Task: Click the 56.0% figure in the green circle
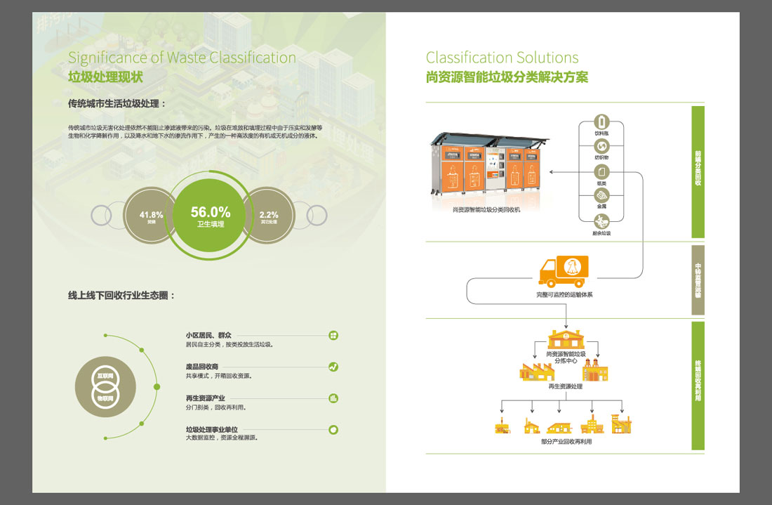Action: pyautogui.click(x=211, y=211)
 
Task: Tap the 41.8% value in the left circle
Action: pyautogui.click(x=151, y=214)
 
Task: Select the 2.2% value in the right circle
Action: pyautogui.click(x=269, y=214)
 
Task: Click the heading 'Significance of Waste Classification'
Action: pyautogui.click(x=182, y=58)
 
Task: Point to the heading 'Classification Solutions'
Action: pyautogui.click(x=502, y=58)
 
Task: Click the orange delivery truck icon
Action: pyautogui.click(x=563, y=271)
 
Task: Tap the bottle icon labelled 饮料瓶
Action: pyautogui.click(x=601, y=122)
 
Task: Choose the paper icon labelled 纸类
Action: pyautogui.click(x=601, y=171)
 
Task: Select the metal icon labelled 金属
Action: pyautogui.click(x=601, y=196)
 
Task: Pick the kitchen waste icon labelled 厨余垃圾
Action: pyautogui.click(x=601, y=221)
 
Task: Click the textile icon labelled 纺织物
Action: pyautogui.click(x=601, y=146)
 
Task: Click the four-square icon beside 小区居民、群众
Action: pyautogui.click(x=333, y=336)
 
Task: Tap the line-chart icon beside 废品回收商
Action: pyautogui.click(x=333, y=367)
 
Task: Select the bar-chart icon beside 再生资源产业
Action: pyautogui.click(x=333, y=398)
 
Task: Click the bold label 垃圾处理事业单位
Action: pyautogui.click(x=212, y=429)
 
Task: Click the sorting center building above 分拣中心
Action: pyautogui.click(x=566, y=339)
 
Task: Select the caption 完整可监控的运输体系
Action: pyautogui.click(x=564, y=295)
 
